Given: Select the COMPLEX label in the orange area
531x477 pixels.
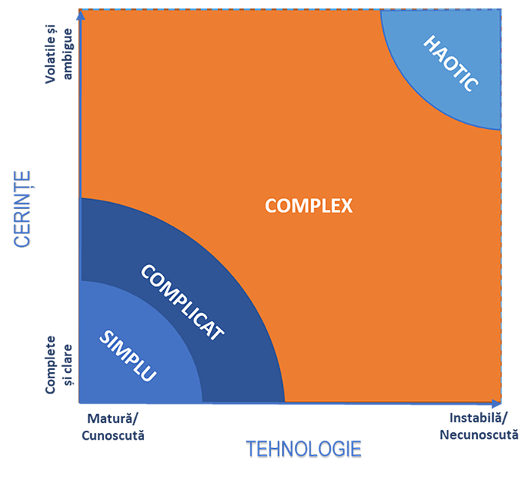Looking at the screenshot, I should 309,205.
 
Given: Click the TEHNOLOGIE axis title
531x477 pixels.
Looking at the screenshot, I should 303,450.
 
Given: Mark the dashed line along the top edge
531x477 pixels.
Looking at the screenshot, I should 288,10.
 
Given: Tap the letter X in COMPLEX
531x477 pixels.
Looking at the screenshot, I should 347,205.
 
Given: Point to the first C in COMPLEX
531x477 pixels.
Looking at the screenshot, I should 270,205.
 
